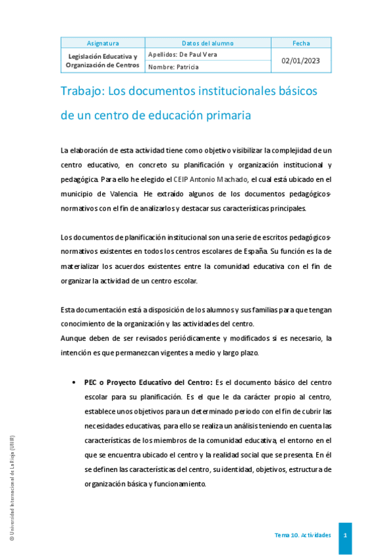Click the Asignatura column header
tap(103, 43)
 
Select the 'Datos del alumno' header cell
tap(207, 43)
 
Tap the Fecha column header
tap(301, 43)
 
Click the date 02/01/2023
tap(301, 60)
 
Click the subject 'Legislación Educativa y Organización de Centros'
tap(103, 61)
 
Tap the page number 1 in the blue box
tap(345, 535)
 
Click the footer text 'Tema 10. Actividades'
tap(302, 535)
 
